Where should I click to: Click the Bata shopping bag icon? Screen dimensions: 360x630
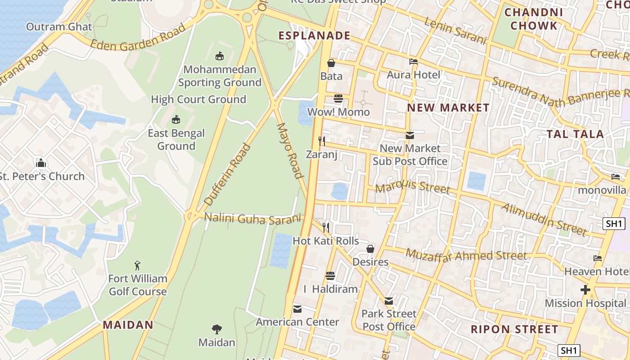331,63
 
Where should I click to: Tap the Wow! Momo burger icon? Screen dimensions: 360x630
338,99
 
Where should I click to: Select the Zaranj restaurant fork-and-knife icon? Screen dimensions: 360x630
322,141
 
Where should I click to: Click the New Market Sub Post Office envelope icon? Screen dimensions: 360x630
410,135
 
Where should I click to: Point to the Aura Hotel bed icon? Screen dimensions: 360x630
414,62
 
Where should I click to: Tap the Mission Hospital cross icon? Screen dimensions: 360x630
585,290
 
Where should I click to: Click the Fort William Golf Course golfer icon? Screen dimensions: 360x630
138,265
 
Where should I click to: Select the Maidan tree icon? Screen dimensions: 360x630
217,329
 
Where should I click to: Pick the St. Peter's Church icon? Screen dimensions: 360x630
41,163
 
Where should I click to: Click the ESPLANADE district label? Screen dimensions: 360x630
314,36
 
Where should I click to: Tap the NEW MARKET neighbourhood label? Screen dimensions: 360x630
448,108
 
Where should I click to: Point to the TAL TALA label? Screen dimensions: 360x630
575,134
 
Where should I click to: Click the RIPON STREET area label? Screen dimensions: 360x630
514,329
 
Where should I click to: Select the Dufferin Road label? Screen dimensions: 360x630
227,175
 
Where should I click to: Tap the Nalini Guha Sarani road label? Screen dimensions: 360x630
252,218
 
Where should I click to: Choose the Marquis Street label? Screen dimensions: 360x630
413,187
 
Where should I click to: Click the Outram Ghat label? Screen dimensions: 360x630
59,27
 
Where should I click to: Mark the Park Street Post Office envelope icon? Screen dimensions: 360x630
389,301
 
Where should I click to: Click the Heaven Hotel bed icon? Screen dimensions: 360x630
598,258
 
